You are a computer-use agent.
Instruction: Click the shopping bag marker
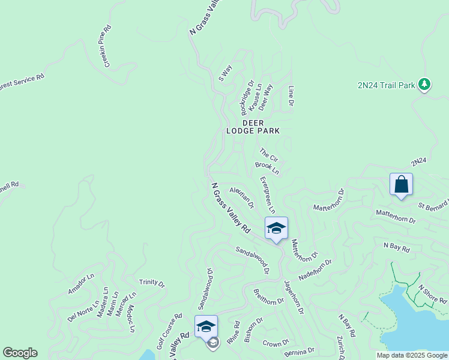point(401,184)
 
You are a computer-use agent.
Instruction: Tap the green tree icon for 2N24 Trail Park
point(425,85)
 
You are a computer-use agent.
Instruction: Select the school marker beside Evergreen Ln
point(276,229)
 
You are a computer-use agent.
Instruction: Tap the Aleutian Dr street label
point(242,196)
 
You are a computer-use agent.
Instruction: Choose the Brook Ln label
point(267,167)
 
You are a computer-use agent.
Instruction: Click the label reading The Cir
point(269,155)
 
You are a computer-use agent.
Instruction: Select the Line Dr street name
point(291,96)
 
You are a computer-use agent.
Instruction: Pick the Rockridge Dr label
point(247,98)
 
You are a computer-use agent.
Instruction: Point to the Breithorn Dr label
point(268,297)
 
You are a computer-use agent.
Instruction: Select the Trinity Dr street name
point(152,282)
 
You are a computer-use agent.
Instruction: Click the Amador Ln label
point(81,284)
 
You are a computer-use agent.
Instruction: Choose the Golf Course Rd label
point(169,331)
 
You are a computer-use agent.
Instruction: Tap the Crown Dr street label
point(276,343)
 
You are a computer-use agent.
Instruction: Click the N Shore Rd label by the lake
point(432,293)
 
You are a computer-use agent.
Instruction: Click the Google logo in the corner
point(20,353)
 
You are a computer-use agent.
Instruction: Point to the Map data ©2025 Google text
point(412,355)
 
